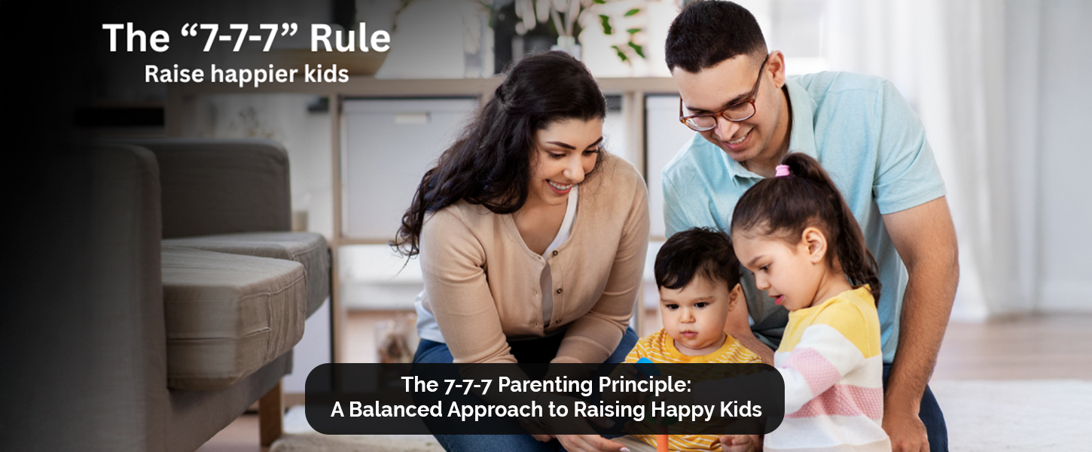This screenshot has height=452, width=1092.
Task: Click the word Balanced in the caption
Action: click(395, 409)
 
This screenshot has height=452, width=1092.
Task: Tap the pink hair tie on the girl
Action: click(782, 170)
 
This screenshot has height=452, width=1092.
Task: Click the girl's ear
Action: click(814, 244)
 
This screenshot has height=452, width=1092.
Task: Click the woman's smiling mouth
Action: click(559, 186)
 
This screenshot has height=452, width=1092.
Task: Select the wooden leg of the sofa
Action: click(270, 414)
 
